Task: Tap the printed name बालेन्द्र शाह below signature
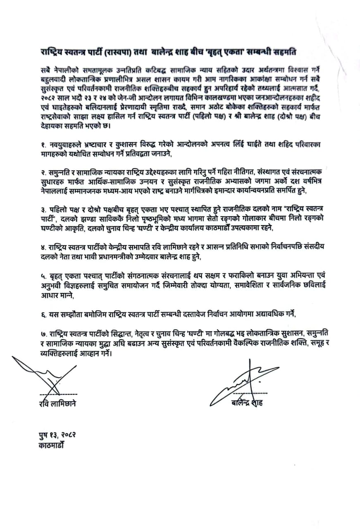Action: pyautogui.click(x=247, y=403)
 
